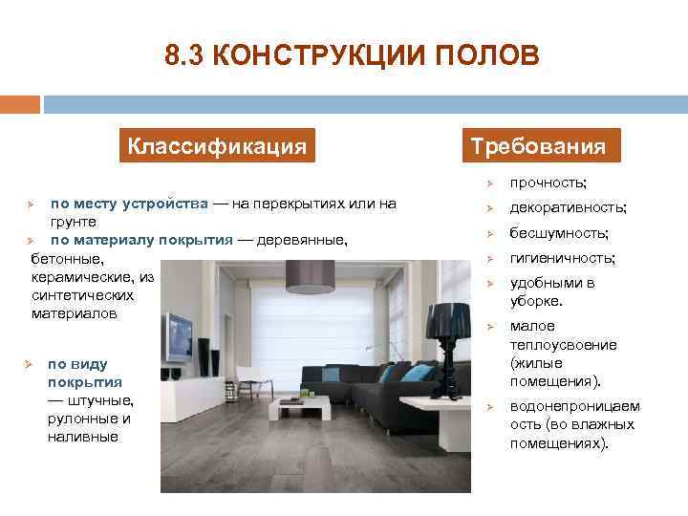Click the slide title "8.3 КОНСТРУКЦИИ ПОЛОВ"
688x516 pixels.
click(x=352, y=55)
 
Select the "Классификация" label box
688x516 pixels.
click(x=217, y=146)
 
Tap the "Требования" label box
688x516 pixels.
click(x=537, y=146)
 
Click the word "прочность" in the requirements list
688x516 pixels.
click(x=547, y=183)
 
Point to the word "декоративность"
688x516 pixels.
click(x=568, y=207)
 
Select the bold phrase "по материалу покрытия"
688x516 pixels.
click(x=141, y=240)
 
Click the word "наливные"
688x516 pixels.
click(x=83, y=437)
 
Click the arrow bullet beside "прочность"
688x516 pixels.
click(x=487, y=183)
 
